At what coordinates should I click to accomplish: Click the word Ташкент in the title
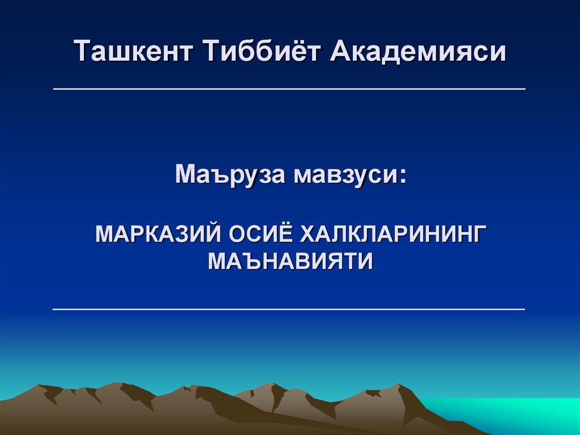[x=133, y=51]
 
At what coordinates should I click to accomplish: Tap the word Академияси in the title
[x=418, y=51]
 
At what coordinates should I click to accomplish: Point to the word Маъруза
[x=230, y=174]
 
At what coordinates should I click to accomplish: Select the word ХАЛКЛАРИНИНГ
[x=393, y=234]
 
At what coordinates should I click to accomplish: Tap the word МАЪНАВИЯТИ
[x=291, y=261]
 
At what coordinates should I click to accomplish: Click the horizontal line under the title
[x=289, y=89]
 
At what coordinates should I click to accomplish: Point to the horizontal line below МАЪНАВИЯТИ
[x=289, y=309]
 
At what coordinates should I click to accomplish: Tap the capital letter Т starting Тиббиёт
[x=212, y=51]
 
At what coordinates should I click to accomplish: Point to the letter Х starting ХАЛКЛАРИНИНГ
[x=309, y=234]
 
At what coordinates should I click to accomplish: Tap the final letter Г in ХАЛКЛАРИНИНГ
[x=479, y=234]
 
